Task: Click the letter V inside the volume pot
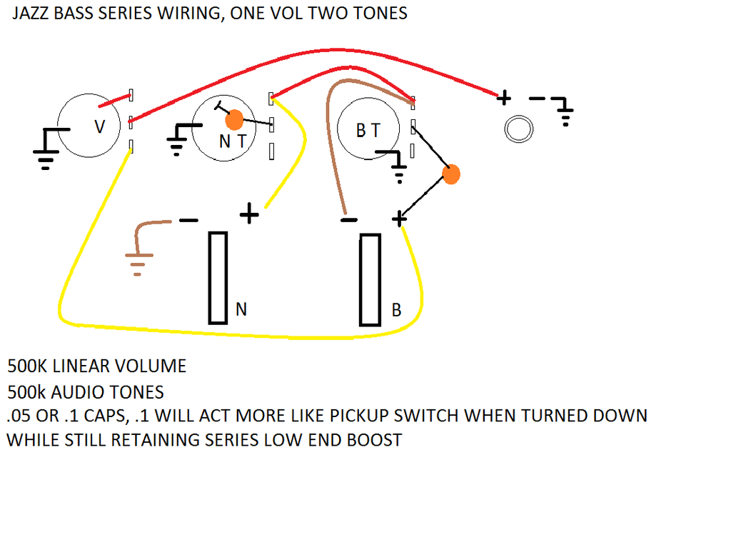click(x=99, y=126)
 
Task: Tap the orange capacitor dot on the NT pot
click(x=234, y=120)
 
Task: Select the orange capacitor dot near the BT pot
click(x=451, y=174)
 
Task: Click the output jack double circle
click(x=518, y=129)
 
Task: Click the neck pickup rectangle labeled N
click(x=218, y=278)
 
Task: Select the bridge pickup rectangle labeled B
click(x=370, y=280)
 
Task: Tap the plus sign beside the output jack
click(x=503, y=98)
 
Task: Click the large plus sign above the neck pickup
click(x=249, y=214)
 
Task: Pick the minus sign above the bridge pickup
click(x=349, y=220)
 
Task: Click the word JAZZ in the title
click(x=31, y=13)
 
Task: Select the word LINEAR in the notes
click(x=81, y=366)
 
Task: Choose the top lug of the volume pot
click(x=131, y=95)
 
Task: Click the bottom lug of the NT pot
click(x=271, y=151)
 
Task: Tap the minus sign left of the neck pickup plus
click(x=188, y=220)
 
